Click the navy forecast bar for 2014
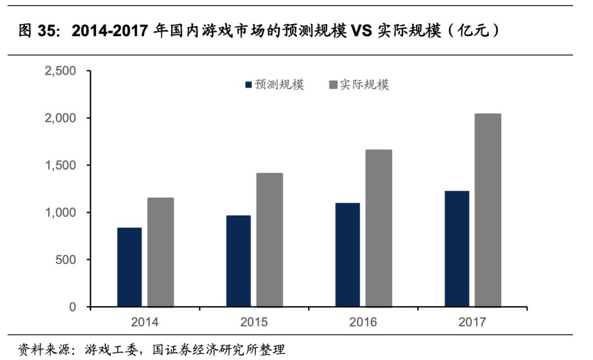click(130, 267)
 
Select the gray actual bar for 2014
click(160, 252)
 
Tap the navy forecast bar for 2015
click(239, 261)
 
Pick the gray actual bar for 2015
click(270, 240)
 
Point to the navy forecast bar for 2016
click(348, 255)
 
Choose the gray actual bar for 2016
click(378, 228)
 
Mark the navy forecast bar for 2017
click(457, 249)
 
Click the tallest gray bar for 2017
click(488, 210)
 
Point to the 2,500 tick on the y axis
click(60, 71)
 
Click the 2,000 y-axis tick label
click(60, 118)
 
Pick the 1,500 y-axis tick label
click(60, 165)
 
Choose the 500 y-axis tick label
click(66, 260)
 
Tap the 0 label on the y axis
click(72, 307)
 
